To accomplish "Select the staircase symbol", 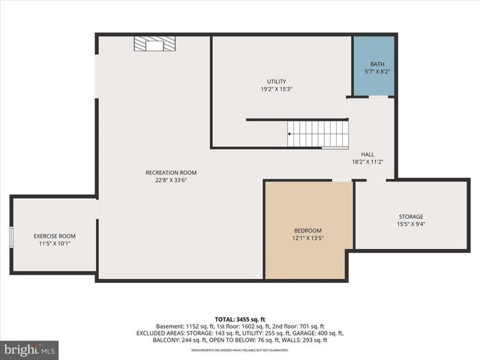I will point(319,134).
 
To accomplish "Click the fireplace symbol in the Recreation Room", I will point(154,44).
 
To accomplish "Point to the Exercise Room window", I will point(11,236).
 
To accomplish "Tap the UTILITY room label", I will point(277,82).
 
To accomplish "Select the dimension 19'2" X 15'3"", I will point(277,89).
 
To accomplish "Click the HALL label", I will point(367,154).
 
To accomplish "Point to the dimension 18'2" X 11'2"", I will point(367,161).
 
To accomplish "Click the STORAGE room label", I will point(410,216).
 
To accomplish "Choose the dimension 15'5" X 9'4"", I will point(410,223).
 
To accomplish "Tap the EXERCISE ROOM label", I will point(55,236).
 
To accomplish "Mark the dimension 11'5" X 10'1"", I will point(55,244).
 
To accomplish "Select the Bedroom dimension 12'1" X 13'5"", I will point(307,238).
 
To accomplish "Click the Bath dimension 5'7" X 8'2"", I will point(377,71).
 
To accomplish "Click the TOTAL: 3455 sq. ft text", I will point(240,319).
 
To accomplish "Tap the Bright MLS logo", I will point(30,349).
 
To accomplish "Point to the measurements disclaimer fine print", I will point(240,350).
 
